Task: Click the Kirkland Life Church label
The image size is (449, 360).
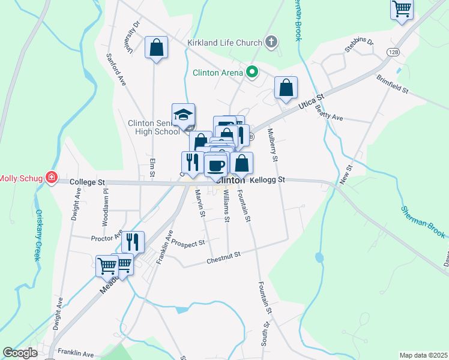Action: point(224,43)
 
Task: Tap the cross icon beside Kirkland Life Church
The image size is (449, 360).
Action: point(271,42)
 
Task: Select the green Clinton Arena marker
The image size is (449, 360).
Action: point(253,73)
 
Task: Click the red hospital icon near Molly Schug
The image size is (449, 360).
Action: point(52,178)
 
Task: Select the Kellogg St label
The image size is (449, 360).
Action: point(268,179)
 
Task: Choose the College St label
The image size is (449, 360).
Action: point(87,181)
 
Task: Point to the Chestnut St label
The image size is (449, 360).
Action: point(223,256)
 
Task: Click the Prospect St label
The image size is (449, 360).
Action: point(188,242)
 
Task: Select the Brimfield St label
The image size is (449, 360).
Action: point(393,84)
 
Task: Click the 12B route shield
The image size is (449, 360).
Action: point(393,52)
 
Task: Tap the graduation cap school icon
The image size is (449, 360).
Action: point(184,114)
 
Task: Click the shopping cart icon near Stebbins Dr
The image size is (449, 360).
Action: point(402,9)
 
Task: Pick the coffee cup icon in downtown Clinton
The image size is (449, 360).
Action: point(216,164)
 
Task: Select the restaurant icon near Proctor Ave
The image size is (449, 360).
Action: point(133,241)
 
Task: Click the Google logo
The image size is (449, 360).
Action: point(20,353)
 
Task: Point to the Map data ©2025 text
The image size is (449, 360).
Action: point(423,355)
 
